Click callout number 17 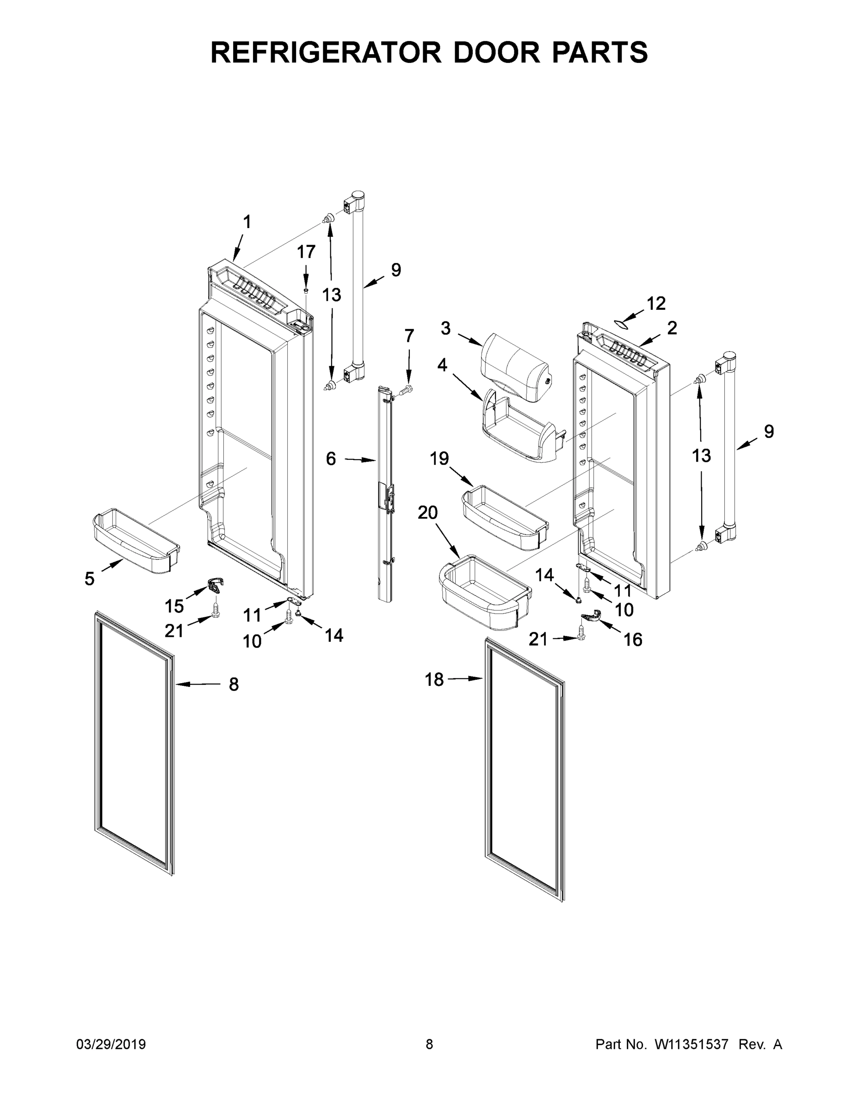click(x=306, y=252)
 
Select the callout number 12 click(x=656, y=303)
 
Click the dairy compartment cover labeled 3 click(x=514, y=367)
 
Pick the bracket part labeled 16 click(x=590, y=617)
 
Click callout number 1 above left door click(x=247, y=222)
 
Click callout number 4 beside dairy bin click(x=442, y=365)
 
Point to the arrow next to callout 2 click(x=651, y=339)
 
